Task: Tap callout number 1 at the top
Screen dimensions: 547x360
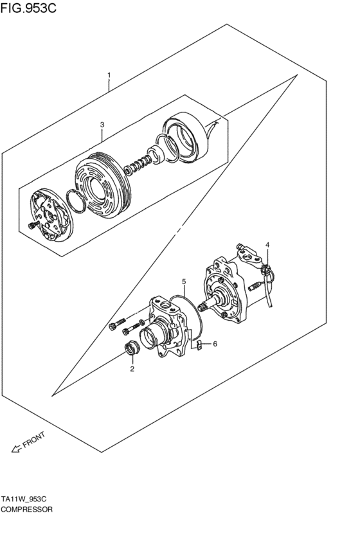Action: (109, 75)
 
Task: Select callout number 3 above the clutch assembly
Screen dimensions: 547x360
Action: (102, 124)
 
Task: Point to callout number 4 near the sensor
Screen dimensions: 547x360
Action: (268, 245)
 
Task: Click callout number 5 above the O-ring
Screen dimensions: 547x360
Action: (183, 282)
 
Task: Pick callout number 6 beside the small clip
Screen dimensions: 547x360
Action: (215, 344)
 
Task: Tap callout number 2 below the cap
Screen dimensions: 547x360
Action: (132, 369)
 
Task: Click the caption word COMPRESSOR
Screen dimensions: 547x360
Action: (27, 508)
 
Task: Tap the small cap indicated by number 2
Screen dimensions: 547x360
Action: (131, 351)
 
